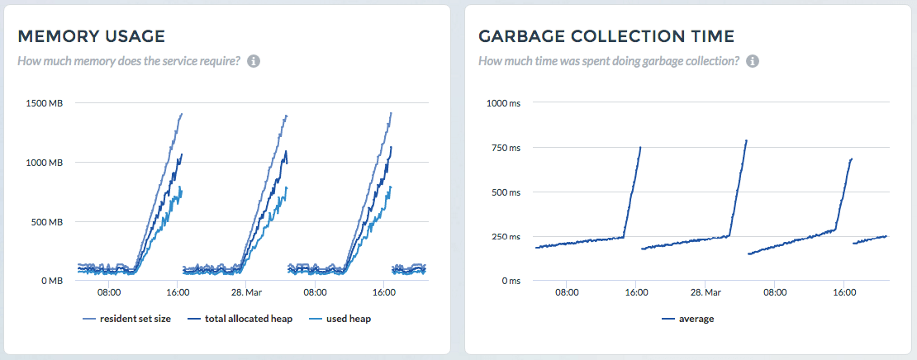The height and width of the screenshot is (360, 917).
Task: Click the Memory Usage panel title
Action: point(91,36)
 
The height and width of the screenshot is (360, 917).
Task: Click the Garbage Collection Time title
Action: point(606,36)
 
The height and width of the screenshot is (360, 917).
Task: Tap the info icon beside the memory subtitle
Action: point(254,61)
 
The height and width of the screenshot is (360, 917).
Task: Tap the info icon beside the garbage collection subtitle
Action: point(753,61)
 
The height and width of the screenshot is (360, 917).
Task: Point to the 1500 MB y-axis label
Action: point(44,103)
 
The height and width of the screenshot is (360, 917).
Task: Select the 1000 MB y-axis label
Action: point(44,163)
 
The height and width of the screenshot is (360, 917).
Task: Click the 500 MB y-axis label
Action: point(46,222)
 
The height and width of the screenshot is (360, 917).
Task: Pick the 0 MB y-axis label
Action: point(50,281)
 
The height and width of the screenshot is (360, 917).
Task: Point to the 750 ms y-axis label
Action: point(506,148)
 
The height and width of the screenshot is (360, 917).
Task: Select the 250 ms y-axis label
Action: point(506,237)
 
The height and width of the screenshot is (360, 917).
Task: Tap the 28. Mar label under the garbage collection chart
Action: point(706,292)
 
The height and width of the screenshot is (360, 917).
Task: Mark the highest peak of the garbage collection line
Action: point(746,140)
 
